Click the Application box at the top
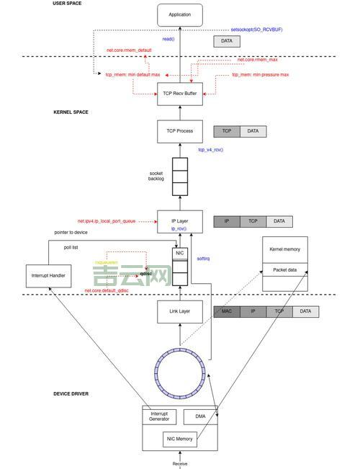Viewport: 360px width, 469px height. coord(180,14)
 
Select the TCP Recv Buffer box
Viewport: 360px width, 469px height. coord(180,92)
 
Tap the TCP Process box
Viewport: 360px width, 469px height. coord(180,131)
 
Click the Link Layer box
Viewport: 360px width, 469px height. coord(180,311)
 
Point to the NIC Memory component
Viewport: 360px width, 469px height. coord(180,439)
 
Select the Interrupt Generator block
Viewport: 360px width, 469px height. coord(159,416)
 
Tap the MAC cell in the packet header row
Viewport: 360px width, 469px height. coord(227,311)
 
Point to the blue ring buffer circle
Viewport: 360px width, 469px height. coord(180,372)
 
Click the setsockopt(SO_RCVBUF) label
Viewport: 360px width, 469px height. coord(257,30)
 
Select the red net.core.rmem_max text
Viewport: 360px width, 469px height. coord(257,60)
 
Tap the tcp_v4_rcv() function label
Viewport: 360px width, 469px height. coord(211,150)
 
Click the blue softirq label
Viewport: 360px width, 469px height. coord(203,258)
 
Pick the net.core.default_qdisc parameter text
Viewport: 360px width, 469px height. coord(107,290)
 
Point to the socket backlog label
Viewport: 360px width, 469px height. coord(156,176)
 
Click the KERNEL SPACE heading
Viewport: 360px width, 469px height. coord(71,112)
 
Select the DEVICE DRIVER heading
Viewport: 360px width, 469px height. coord(71,393)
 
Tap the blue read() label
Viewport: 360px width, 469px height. coord(168,39)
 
